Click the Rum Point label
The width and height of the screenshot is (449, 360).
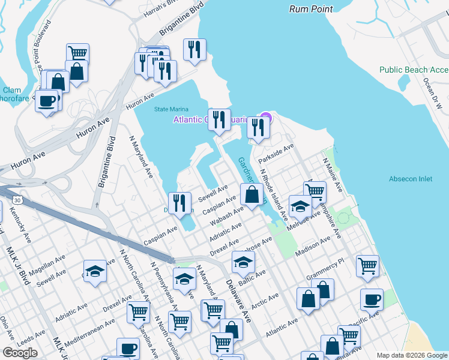coord(310,9)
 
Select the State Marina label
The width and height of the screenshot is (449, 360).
coord(171,109)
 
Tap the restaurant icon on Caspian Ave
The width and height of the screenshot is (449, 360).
coord(179,203)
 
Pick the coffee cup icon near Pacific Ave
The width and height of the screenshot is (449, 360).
coord(372,299)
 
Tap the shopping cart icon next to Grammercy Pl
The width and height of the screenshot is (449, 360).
coord(367,265)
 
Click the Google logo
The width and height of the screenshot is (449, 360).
coord(20,353)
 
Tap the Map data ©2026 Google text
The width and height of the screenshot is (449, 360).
coord(412,355)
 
